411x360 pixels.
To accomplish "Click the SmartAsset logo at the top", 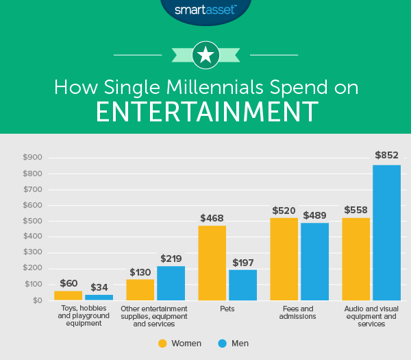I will pos(205,10).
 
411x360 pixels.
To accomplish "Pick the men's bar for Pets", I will pos(242,285).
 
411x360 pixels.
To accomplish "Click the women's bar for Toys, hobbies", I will pos(68,296).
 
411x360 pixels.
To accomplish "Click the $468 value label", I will pos(212,218).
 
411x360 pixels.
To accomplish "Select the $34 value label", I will pos(99,287).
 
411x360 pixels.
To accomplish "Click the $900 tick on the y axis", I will pos(32,158).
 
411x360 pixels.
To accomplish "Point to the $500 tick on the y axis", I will pos(32,221).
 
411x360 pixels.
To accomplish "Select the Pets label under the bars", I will pos(227,309).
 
